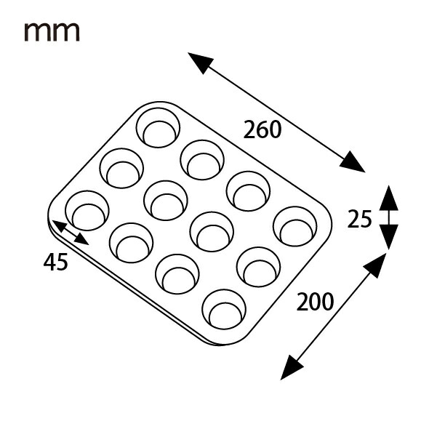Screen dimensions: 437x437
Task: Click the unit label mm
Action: point(52,32)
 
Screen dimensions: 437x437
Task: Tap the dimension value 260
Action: point(262,129)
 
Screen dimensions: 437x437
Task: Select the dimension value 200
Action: point(315,302)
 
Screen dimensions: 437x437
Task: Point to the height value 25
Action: point(359,219)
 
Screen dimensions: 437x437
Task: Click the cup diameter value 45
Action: point(56,262)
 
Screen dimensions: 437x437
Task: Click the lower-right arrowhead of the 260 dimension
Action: point(353,162)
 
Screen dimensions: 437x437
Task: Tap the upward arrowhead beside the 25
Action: point(388,199)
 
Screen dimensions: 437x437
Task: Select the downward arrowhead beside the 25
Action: point(388,236)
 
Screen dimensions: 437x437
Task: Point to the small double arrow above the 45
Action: point(71,233)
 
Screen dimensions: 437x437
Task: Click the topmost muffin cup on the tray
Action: point(158,128)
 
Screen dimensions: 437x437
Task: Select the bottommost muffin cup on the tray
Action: point(224,309)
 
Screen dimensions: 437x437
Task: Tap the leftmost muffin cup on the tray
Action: point(87,211)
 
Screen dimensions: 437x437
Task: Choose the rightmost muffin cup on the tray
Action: point(295,226)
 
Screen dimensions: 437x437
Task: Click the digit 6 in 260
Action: point(262,129)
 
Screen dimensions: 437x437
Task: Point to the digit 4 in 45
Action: point(49,262)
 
